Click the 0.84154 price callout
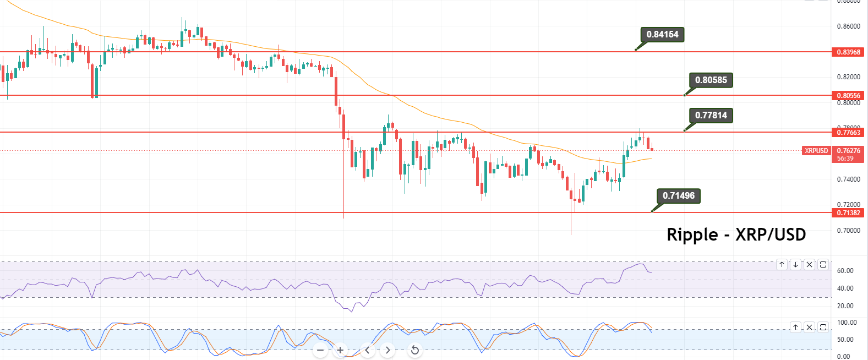coord(662,35)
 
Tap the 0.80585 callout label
coord(711,80)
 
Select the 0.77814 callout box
coord(711,116)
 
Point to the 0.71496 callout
coord(678,196)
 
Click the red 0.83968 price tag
coord(848,52)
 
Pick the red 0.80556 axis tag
coord(848,96)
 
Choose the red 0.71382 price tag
coord(848,213)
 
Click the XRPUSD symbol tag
coord(816,151)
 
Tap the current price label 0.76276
coord(848,151)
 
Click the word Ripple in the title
coord(692,235)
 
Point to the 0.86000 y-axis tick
coord(848,26)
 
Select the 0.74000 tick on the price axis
coord(848,179)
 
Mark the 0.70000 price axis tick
coord(848,231)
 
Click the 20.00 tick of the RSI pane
coord(845,306)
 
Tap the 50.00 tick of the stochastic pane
coord(845,340)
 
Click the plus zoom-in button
coord(341,350)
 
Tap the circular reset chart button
coord(415,350)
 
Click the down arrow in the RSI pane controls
coord(795,265)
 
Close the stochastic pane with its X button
coord(809,328)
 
